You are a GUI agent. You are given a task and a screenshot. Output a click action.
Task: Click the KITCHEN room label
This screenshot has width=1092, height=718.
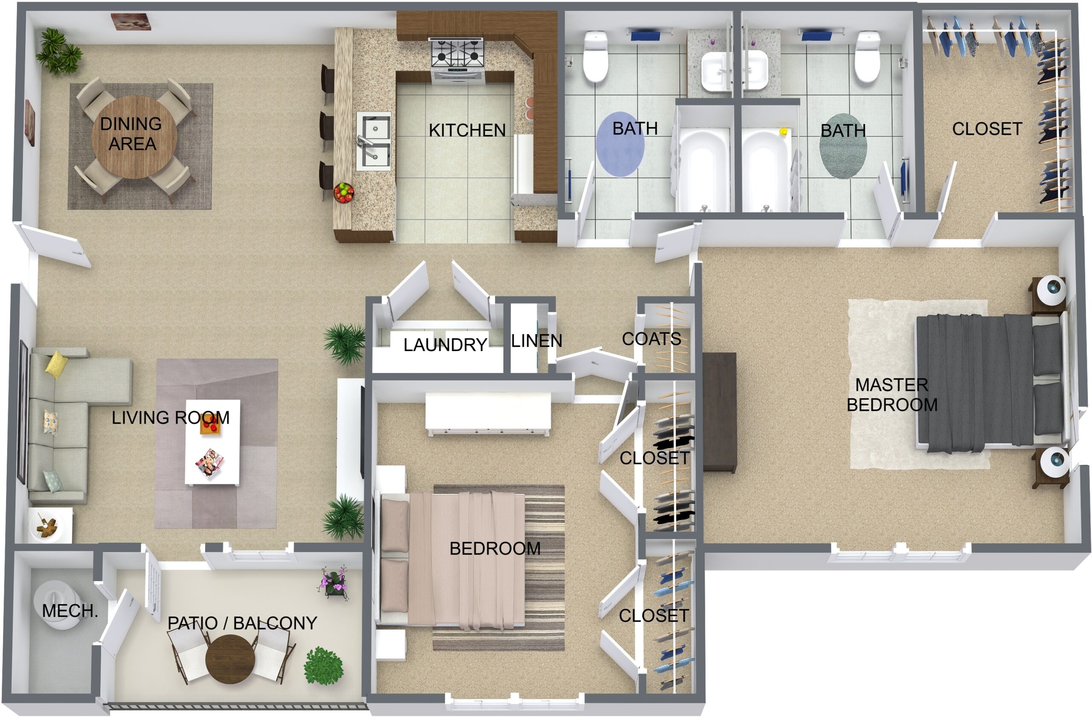[x=467, y=130]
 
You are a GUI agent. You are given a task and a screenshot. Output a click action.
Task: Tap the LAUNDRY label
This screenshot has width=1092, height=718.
[x=445, y=345]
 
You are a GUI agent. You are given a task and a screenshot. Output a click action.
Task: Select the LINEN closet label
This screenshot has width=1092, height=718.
[x=536, y=340]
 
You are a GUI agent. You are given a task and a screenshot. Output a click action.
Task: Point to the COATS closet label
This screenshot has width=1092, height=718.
[x=651, y=339]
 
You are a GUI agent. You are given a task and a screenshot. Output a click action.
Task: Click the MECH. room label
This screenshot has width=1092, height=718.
[x=70, y=610]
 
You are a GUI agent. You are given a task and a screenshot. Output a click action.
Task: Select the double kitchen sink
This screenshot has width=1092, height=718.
[x=375, y=141]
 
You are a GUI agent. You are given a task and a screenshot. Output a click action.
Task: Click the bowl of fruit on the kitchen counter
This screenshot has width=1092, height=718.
[x=344, y=193]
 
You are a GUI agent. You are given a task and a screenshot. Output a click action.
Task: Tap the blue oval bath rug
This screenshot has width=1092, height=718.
[x=620, y=145]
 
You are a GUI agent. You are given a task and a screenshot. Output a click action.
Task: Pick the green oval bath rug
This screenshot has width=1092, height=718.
[x=843, y=146]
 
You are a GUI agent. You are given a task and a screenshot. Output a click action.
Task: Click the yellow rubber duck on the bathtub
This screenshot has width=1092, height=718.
[x=784, y=132]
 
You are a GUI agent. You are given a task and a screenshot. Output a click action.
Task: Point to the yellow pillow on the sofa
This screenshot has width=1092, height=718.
[x=56, y=364]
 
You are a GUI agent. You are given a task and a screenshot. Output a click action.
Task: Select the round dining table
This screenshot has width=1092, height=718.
[x=134, y=137]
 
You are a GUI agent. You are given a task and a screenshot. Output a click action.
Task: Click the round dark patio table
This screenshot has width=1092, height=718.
[x=230, y=659]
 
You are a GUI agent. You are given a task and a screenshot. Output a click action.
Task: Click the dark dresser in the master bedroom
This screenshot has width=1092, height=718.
[x=720, y=412]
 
